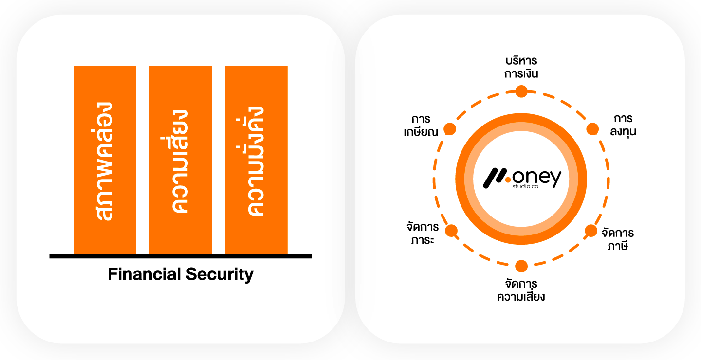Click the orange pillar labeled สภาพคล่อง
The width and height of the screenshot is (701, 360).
(x=105, y=160)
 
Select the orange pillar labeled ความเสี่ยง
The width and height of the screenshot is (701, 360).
(x=181, y=160)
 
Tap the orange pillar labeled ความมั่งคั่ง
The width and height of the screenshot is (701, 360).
(x=256, y=160)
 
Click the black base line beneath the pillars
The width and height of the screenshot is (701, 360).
(x=180, y=256)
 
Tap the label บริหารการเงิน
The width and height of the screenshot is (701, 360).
(x=521, y=68)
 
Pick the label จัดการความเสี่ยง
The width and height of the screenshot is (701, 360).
(x=521, y=290)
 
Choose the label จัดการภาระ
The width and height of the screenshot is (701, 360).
(x=422, y=233)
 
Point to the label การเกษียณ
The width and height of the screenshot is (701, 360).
(x=421, y=126)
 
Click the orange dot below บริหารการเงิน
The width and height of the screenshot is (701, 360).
(x=521, y=91)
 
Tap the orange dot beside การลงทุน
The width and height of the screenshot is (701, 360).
(x=592, y=129)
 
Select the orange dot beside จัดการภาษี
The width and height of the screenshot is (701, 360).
(x=590, y=230)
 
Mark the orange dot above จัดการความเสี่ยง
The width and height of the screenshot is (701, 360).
(x=521, y=266)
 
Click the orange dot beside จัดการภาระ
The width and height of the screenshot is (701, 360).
(x=451, y=231)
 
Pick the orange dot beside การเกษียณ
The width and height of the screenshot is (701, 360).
(x=450, y=129)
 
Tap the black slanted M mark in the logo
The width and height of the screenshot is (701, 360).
(x=495, y=179)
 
